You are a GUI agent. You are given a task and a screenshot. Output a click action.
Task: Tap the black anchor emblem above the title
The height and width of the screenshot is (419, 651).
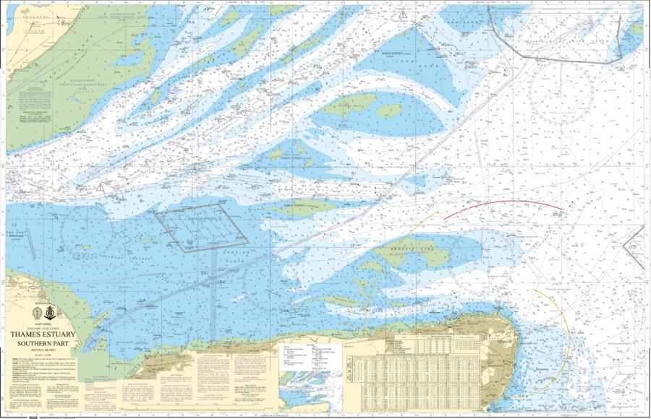[x=51, y=313]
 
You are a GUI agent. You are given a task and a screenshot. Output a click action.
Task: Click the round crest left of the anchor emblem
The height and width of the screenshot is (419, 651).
[x=38, y=313]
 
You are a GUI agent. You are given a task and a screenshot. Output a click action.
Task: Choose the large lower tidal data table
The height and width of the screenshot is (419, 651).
[x=434, y=379]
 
